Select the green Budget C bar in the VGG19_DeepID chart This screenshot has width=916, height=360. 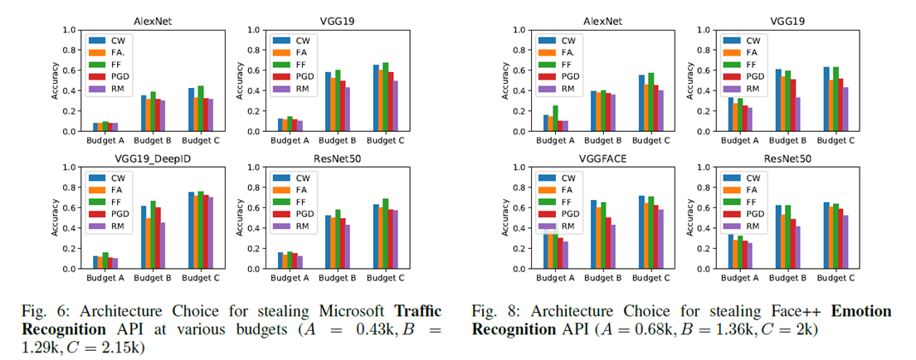point(200,230)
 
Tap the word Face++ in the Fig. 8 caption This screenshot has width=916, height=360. point(747,311)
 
